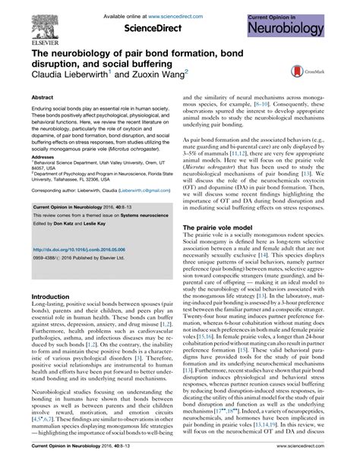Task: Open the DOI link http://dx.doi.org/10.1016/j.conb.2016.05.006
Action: coord(83,247)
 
